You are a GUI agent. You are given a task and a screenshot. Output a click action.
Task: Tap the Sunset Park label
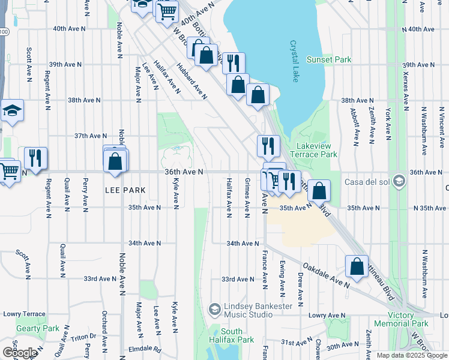click(x=329, y=60)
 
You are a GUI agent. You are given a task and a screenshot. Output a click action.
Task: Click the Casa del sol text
click(x=367, y=182)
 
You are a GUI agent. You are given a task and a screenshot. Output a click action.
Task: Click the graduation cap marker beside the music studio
click(x=214, y=310)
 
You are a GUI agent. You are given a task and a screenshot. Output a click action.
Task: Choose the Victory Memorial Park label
click(x=401, y=319)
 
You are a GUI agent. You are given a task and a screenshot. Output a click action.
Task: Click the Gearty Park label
click(x=38, y=328)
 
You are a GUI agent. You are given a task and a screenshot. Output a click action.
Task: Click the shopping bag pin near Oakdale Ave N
click(x=357, y=267)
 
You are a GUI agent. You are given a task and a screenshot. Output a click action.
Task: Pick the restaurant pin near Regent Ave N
click(x=35, y=158)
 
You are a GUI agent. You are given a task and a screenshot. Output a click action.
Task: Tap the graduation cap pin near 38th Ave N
click(x=11, y=111)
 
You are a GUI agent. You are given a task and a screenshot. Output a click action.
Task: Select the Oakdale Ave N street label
click(x=326, y=274)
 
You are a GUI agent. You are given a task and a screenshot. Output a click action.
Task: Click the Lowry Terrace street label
click(x=24, y=314)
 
